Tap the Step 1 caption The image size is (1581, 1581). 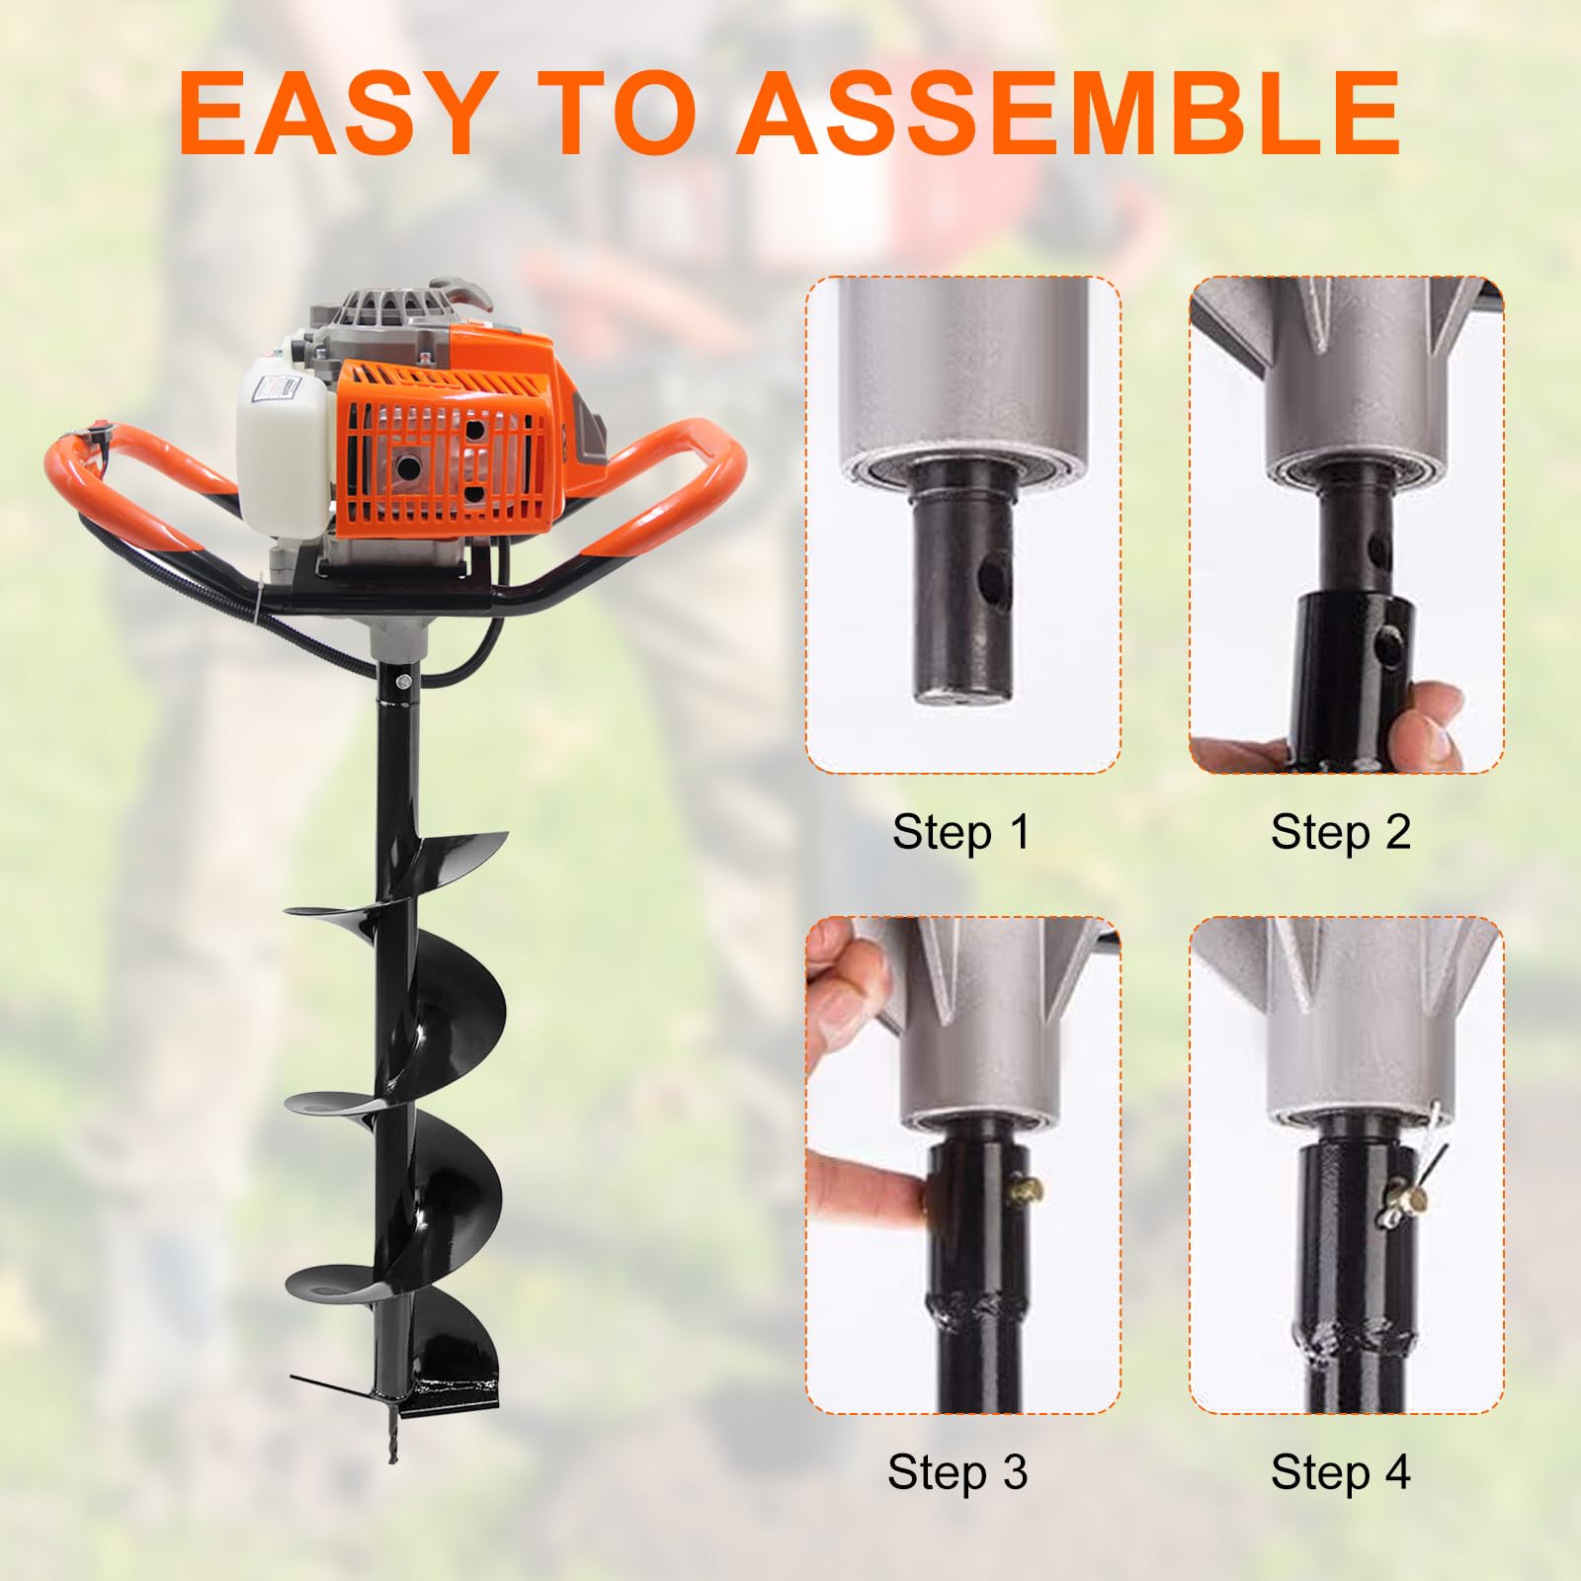point(960,832)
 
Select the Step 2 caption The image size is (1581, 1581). point(1340,832)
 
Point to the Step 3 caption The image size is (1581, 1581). point(957,1471)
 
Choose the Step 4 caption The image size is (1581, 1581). point(1340,1471)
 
